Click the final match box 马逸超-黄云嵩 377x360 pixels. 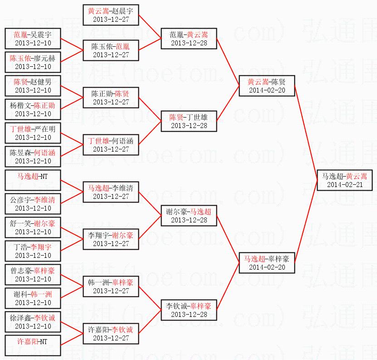[344, 180]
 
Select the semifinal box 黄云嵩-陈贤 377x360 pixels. [267, 86]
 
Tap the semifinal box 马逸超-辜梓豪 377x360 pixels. [267, 263]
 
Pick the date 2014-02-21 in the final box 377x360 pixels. [344, 185]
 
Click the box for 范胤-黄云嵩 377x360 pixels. [189, 39]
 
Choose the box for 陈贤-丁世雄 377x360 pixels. [189, 121]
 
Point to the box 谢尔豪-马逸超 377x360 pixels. [189, 216]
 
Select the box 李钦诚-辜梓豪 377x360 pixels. [189, 310]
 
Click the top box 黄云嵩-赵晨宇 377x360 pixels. [111, 15]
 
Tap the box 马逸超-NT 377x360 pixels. [33, 180]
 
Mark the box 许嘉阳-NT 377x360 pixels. [33, 345]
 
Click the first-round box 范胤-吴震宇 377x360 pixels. [33, 39]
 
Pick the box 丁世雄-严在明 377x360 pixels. [33, 133]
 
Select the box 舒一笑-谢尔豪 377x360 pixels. [33, 227]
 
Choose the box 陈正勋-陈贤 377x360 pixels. [111, 98]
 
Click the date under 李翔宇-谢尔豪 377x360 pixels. [111, 244]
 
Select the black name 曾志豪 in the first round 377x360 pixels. [20, 271]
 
